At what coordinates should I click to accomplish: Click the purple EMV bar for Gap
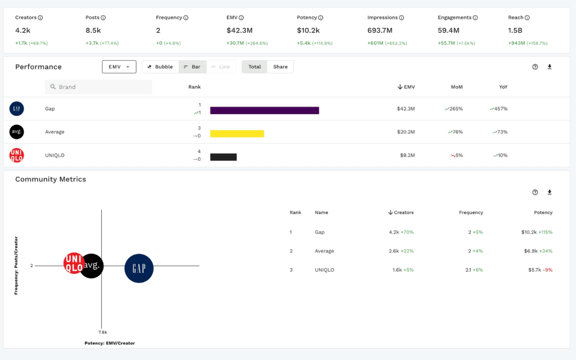coord(264,110)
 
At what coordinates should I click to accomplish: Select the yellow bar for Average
coord(237,134)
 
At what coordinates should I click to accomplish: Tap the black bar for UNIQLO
coord(223,157)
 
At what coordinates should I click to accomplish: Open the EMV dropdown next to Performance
coord(119,67)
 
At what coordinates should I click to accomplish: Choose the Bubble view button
coord(160,67)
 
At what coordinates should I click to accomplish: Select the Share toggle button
coord(280,67)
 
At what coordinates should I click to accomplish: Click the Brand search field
coord(98,87)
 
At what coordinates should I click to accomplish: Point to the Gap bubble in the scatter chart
coord(139,268)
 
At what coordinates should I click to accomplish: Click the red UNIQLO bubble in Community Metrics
coord(73,263)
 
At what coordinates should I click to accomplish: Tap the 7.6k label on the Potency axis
coord(103,332)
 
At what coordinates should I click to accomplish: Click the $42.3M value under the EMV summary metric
coord(239,30)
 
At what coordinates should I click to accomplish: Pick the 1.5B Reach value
coord(515,30)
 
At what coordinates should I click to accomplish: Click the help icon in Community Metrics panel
coord(535,192)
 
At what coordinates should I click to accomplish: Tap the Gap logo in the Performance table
coord(17,109)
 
